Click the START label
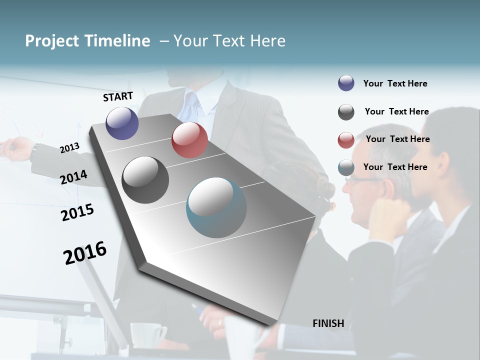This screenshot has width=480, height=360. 118,96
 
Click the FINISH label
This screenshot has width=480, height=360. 328,323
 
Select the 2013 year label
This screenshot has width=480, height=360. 69,147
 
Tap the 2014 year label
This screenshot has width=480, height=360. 73,177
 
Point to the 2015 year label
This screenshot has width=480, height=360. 77,212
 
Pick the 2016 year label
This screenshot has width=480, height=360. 85,252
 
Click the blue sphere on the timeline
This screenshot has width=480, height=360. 122,123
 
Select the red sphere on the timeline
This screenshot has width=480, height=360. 189,140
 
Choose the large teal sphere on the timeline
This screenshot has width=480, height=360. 216,207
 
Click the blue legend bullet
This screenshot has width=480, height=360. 346,83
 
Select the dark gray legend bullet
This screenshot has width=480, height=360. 346,112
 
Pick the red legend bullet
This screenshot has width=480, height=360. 346,140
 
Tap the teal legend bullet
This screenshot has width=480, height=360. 346,167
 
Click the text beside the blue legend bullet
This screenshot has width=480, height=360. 395,83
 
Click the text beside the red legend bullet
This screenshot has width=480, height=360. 397,139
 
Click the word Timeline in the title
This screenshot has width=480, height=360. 117,41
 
